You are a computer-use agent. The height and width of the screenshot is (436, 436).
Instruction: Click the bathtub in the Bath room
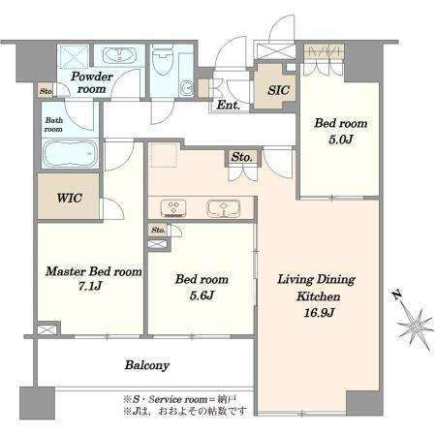coord(70,154)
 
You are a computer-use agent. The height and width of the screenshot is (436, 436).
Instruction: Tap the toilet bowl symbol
coord(163,59)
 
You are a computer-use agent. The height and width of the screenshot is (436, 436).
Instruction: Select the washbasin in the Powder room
coord(119,55)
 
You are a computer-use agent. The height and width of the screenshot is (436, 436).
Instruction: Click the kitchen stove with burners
coord(173,208)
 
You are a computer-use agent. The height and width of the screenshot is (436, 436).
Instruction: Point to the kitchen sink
coord(224,208)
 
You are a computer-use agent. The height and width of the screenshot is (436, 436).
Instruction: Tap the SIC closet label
coord(278,90)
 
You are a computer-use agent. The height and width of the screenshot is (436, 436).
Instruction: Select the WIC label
coord(69,198)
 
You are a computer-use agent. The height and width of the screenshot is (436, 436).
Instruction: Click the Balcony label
coord(147,365)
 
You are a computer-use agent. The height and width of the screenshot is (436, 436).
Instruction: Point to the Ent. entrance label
coord(228,105)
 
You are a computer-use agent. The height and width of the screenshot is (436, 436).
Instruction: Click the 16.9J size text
coord(319,313)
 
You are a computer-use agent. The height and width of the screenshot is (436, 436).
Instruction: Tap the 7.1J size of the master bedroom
coord(90,286)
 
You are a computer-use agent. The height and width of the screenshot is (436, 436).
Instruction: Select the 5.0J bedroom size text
coord(341,140)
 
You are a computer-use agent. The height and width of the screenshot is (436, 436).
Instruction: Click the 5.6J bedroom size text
coord(202,296)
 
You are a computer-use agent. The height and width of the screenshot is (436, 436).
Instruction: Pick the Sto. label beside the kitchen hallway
coord(241,157)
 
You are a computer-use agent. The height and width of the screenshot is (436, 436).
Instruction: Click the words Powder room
coord(92,82)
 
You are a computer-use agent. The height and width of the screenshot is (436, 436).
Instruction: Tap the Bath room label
coord(53,125)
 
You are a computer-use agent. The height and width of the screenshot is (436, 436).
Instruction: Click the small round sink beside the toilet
coord(187,88)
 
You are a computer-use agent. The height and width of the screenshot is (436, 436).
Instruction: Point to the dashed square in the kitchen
coord(164,155)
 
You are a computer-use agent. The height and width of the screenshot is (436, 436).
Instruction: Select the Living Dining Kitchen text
coord(317,288)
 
